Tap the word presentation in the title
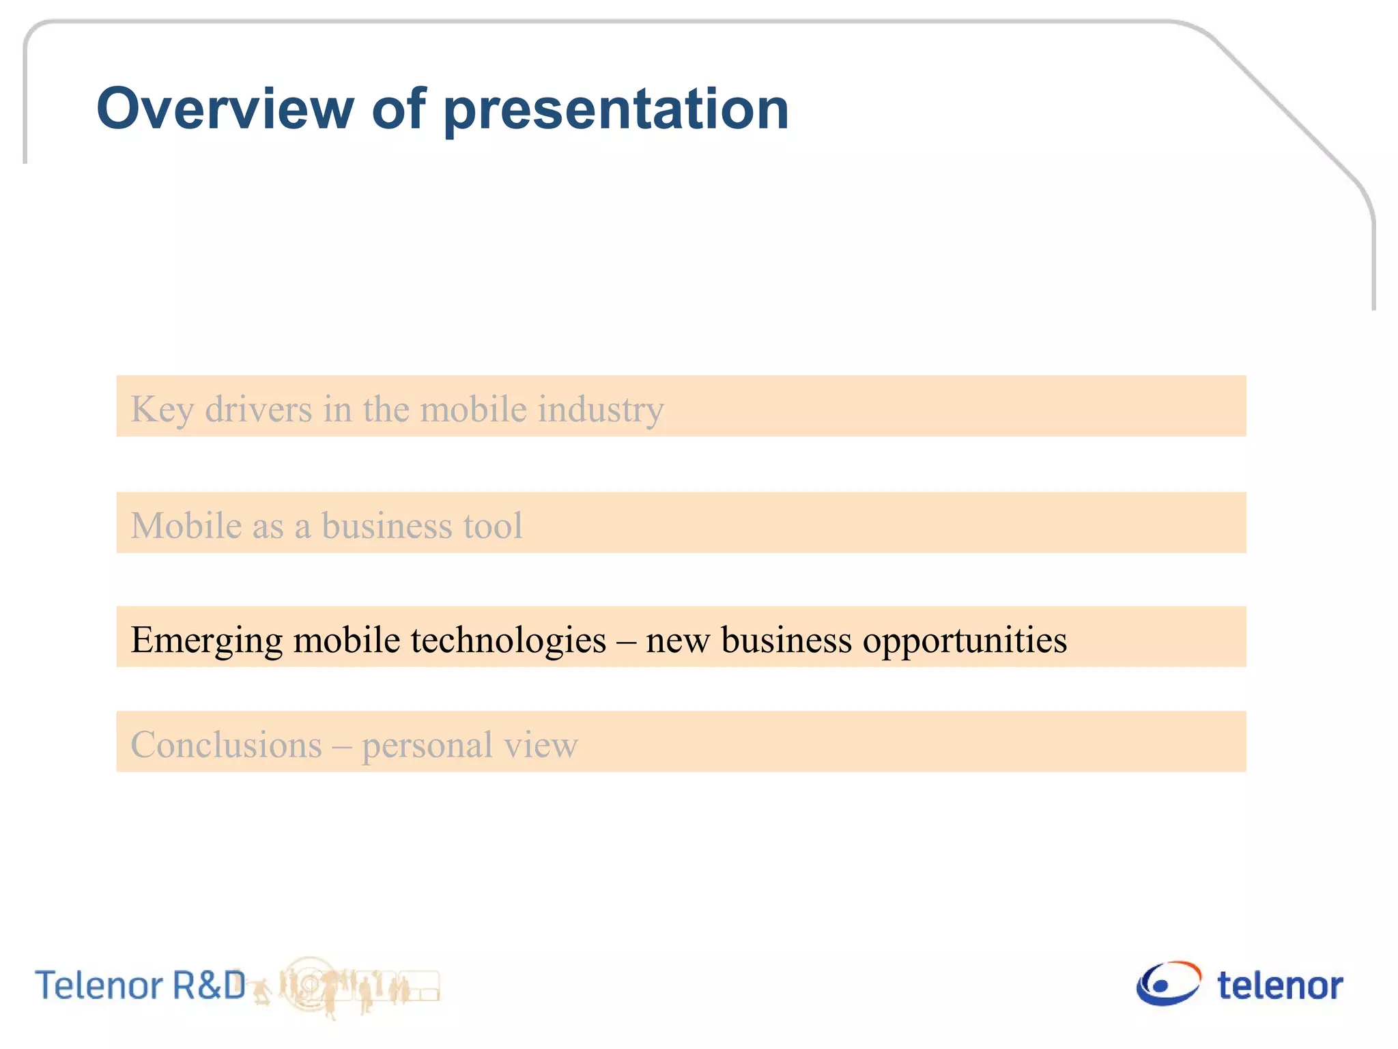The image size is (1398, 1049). [616, 111]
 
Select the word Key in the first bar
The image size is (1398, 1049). [162, 410]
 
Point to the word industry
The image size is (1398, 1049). [600, 410]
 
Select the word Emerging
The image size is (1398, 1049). [207, 641]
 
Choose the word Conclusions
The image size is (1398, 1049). [226, 744]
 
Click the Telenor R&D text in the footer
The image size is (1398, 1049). [140, 985]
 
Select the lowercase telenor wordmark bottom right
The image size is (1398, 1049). [1280, 985]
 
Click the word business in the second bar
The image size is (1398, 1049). [386, 525]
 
